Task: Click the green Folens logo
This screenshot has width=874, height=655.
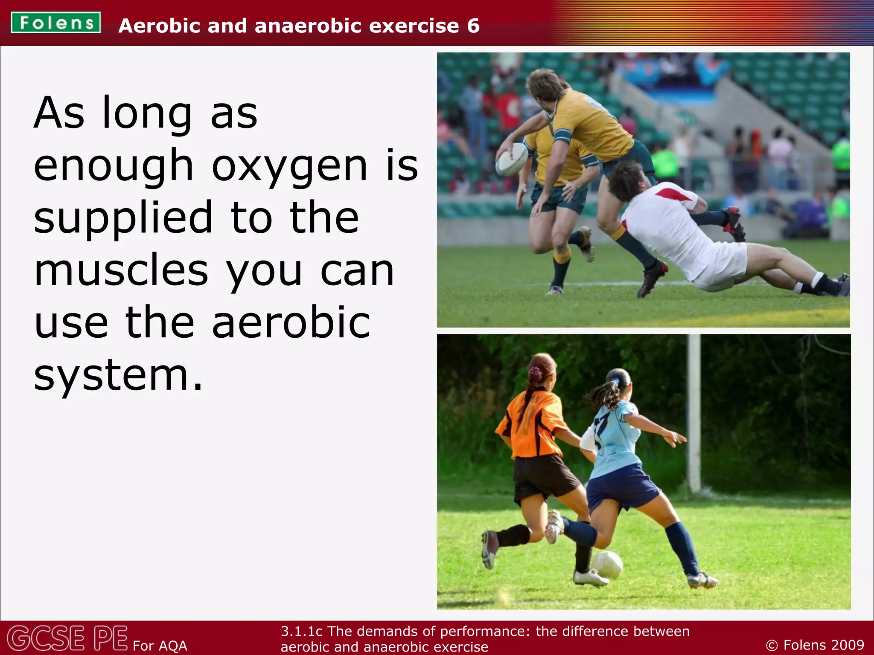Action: point(56,23)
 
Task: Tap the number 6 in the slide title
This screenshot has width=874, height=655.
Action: point(473,26)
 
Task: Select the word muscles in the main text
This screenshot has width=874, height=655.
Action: point(121,271)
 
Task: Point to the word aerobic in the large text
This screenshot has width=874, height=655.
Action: point(291,323)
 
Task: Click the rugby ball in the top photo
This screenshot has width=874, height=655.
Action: point(511,159)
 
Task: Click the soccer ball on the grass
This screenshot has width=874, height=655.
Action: point(608,565)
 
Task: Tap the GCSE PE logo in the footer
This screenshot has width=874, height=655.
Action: point(67,638)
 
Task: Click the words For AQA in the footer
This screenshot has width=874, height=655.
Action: point(160,646)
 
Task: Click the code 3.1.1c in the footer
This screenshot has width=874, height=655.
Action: point(301,631)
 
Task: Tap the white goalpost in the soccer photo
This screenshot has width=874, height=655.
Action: point(694,414)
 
